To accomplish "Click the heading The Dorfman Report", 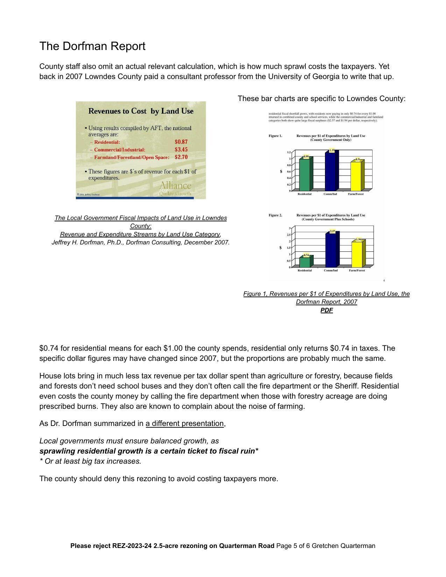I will click(92, 46).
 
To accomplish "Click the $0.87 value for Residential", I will click(181, 142).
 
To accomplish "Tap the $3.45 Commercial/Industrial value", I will click(181, 150).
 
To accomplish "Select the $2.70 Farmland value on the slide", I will click(181, 157).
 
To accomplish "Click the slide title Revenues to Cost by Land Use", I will click(141, 111).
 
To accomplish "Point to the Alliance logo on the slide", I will click(175, 186).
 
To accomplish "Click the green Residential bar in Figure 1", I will click(304, 175).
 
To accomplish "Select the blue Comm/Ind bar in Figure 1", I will click(330, 171).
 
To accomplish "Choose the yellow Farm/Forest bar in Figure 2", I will click(356, 255).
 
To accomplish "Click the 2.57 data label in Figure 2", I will click(332, 231).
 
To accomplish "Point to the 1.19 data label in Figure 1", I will click(332, 150).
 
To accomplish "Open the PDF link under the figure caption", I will click(326, 310).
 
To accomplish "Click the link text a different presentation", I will click(185, 423).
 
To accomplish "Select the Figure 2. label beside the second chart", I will click(275, 215).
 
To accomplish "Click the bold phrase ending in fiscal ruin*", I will click(149, 451).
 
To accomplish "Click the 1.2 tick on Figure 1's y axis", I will click(289, 152).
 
